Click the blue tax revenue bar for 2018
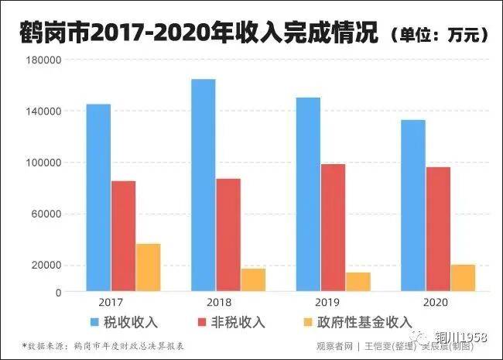pos(203,185)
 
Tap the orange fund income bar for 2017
pos(149,267)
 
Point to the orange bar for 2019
pos(358,282)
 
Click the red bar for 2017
pos(123,236)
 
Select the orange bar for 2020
pos(463,278)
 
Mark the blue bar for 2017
pos(98,197)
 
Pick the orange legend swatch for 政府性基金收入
pos(303,321)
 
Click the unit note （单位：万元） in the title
pos(438,35)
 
